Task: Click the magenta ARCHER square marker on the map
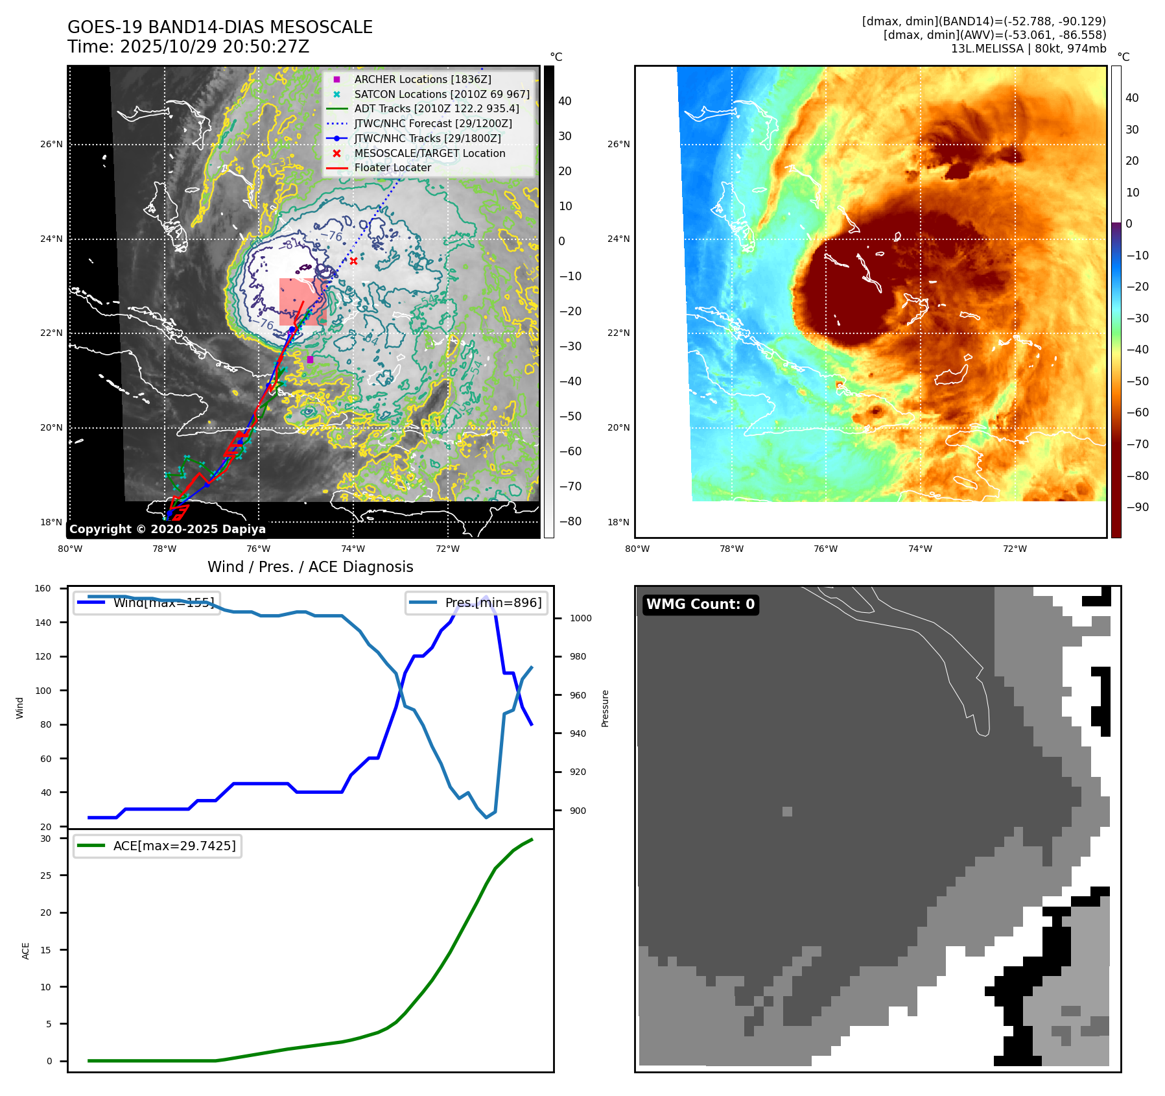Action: [x=310, y=359]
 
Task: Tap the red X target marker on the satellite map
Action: [x=353, y=261]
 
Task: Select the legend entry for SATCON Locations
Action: [x=441, y=94]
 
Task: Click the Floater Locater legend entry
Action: [x=392, y=167]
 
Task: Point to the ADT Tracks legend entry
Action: [x=436, y=108]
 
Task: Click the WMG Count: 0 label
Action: [x=700, y=604]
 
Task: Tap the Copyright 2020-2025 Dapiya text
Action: [x=167, y=529]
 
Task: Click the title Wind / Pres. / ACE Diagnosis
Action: [x=310, y=567]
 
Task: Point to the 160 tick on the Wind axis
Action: [x=43, y=589]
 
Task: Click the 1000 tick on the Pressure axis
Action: [x=580, y=618]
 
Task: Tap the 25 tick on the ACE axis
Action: [x=45, y=876]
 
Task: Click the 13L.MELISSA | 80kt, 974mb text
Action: [x=1028, y=49]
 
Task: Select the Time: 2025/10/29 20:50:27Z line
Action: [x=188, y=47]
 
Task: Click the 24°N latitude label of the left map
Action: [x=51, y=239]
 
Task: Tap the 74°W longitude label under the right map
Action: [x=920, y=549]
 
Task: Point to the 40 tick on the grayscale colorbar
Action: [x=565, y=101]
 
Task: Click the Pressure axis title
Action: [x=605, y=708]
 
